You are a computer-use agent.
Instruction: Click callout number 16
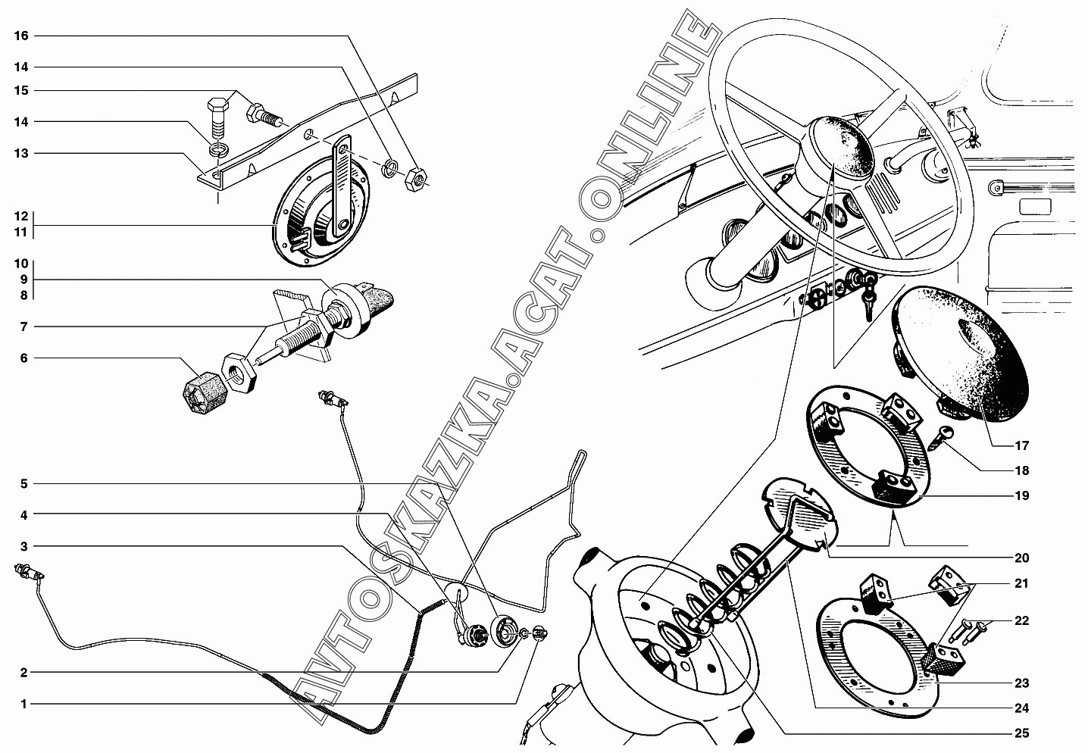coord(21,36)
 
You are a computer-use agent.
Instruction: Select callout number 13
coord(21,154)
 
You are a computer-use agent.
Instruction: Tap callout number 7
coord(23,327)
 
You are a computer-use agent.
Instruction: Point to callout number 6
coord(23,358)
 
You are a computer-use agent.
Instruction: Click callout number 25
coord(1022,733)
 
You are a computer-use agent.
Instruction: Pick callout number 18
coord(1022,470)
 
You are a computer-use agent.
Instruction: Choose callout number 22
coord(1022,621)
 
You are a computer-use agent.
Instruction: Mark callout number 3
coord(23,547)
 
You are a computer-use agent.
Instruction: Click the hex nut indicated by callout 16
coord(416,180)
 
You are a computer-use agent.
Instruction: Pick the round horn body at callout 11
coord(321,211)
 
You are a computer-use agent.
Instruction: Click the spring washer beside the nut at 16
coord(390,168)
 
